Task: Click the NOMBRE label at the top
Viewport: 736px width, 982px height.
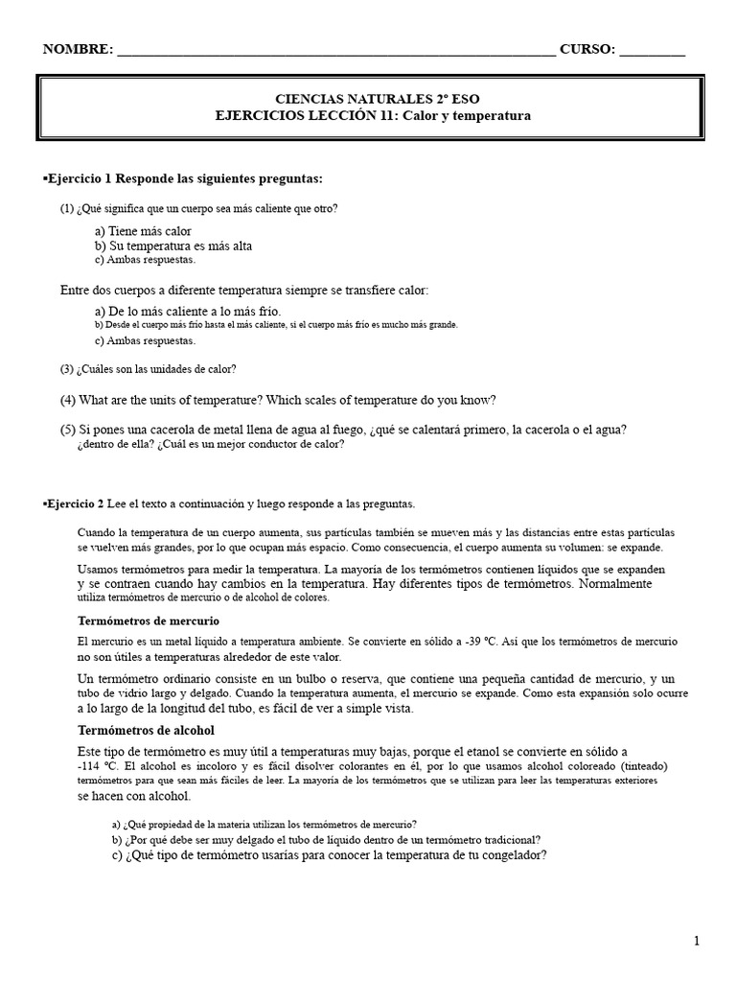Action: pyautogui.click(x=76, y=50)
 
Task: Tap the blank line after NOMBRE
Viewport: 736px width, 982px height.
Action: pyautogui.click(x=335, y=54)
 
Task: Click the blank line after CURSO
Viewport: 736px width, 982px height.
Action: pyautogui.click(x=653, y=54)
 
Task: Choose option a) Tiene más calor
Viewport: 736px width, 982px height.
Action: pyautogui.click(x=143, y=231)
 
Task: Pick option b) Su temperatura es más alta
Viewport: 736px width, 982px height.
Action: pyautogui.click(x=173, y=245)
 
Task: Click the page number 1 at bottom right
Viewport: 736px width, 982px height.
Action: pyautogui.click(x=697, y=942)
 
